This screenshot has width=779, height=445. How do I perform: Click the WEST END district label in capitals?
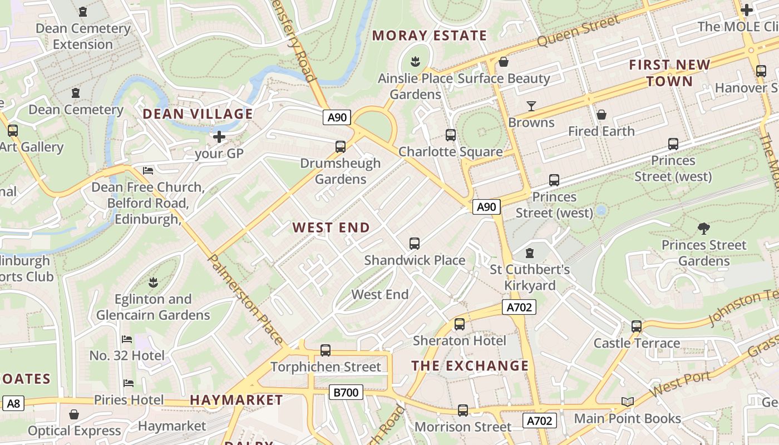(331, 228)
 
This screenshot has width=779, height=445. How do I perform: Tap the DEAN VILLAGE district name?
(198, 114)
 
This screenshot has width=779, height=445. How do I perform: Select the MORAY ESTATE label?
(430, 36)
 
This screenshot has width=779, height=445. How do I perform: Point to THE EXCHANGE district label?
(470, 365)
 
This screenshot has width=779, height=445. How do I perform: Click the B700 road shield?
(346, 392)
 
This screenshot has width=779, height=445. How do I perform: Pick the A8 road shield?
(13, 403)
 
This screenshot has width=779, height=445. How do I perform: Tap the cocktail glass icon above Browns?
(531, 106)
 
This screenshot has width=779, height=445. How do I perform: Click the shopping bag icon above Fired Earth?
(601, 115)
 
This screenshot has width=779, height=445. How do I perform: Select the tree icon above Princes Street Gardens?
(703, 228)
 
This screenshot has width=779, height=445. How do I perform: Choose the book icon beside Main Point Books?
(627, 402)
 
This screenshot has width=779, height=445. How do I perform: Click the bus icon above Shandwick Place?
(415, 243)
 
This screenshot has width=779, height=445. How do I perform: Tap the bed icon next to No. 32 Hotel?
(127, 339)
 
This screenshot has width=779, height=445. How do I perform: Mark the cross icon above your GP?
(219, 136)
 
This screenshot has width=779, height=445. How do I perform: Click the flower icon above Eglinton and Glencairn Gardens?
(153, 282)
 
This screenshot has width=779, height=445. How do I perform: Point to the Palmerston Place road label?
(245, 298)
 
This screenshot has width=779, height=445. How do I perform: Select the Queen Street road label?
(579, 31)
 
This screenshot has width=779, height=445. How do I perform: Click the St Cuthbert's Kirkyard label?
(530, 278)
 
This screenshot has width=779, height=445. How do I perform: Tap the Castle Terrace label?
(637, 343)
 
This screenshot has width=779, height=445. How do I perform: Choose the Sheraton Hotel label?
(460, 340)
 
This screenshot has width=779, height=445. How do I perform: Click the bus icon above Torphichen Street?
(326, 350)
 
